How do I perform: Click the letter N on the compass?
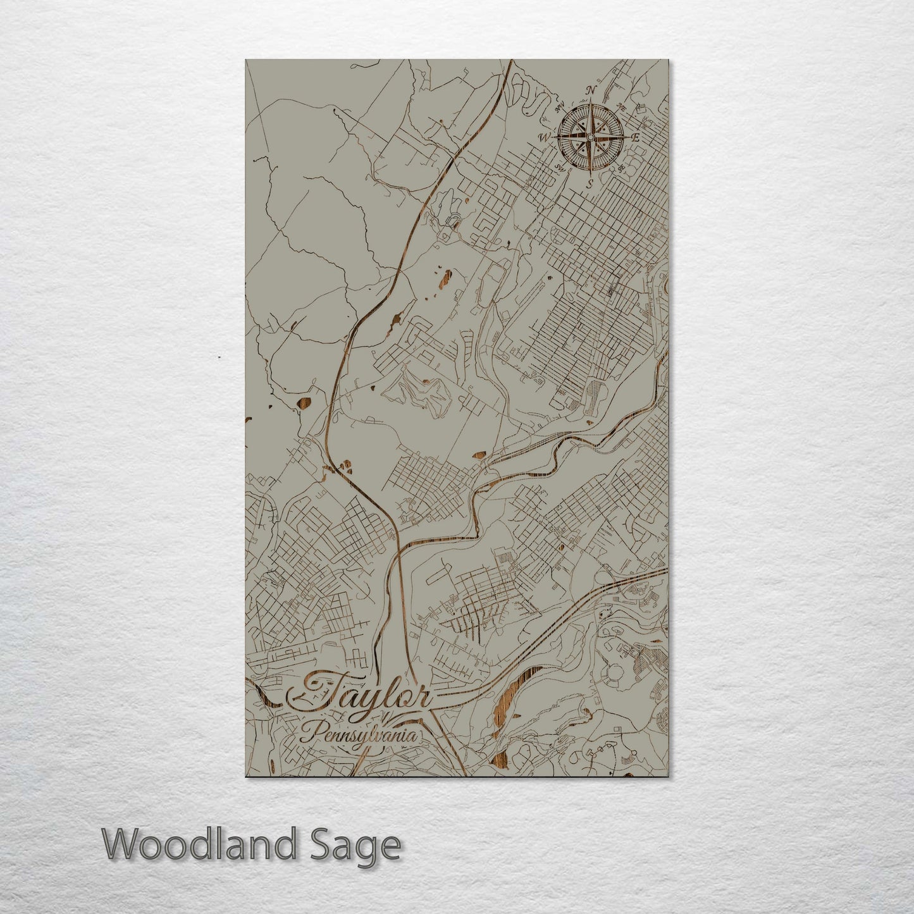pyautogui.click(x=591, y=91)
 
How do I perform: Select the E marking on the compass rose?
pyautogui.click(x=636, y=137)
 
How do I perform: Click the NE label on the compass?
pyautogui.click(x=621, y=107)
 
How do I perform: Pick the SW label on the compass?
pyautogui.click(x=559, y=168)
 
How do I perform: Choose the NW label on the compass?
pyautogui.click(x=559, y=107)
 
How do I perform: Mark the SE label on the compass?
pyautogui.click(x=621, y=168)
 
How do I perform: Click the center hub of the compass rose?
pyautogui.click(x=590, y=137)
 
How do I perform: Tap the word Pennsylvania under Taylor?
pyautogui.click(x=359, y=736)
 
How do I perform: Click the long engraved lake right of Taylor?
pyautogui.click(x=516, y=689)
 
